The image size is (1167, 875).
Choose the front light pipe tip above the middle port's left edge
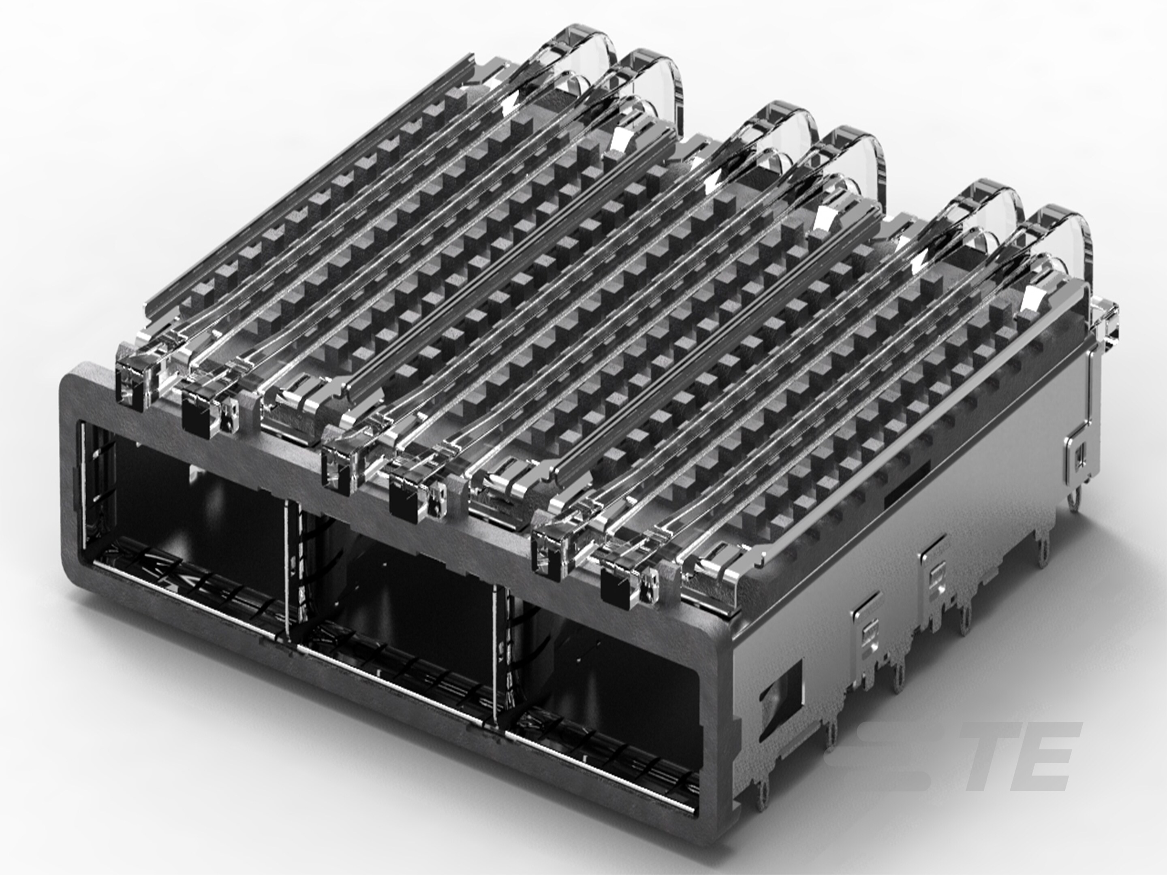tap(338, 470)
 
